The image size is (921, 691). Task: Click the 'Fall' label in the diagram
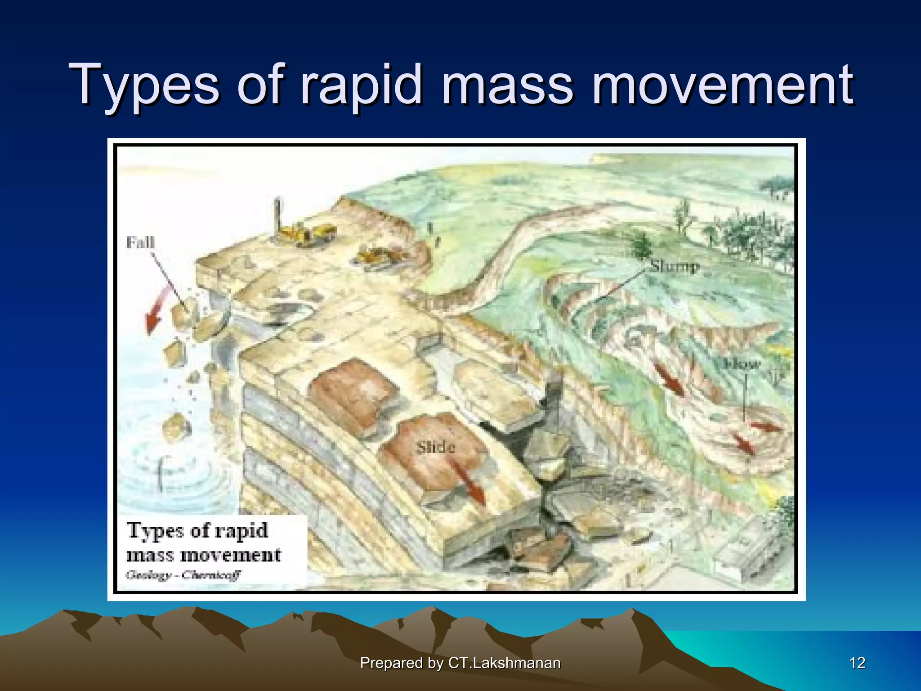[x=140, y=242]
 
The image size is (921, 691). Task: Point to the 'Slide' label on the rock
[x=435, y=448]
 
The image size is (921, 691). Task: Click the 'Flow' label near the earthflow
[x=742, y=363]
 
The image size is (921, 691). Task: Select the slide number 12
[x=857, y=663]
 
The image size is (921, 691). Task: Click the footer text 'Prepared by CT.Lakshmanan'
[x=460, y=663]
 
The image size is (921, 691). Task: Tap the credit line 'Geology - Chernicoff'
[x=183, y=574]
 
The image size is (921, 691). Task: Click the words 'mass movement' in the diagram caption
[x=203, y=555]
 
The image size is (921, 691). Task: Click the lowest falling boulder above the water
[x=175, y=425]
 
